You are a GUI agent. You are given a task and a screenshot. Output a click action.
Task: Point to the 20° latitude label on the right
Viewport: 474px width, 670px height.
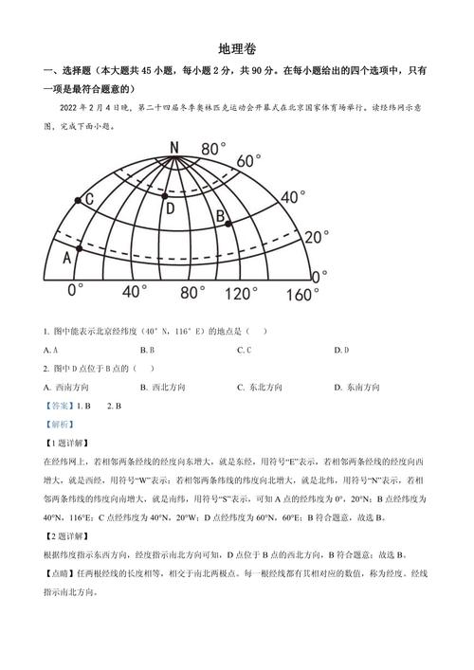(319, 236)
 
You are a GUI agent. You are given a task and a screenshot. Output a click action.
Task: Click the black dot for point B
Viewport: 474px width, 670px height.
(228, 224)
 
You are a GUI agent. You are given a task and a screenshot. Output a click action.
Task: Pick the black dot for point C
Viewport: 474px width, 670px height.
(79, 201)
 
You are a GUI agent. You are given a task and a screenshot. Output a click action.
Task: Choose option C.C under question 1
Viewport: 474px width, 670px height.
(244, 350)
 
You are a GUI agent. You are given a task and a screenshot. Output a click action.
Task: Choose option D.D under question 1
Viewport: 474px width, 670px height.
(340, 350)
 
